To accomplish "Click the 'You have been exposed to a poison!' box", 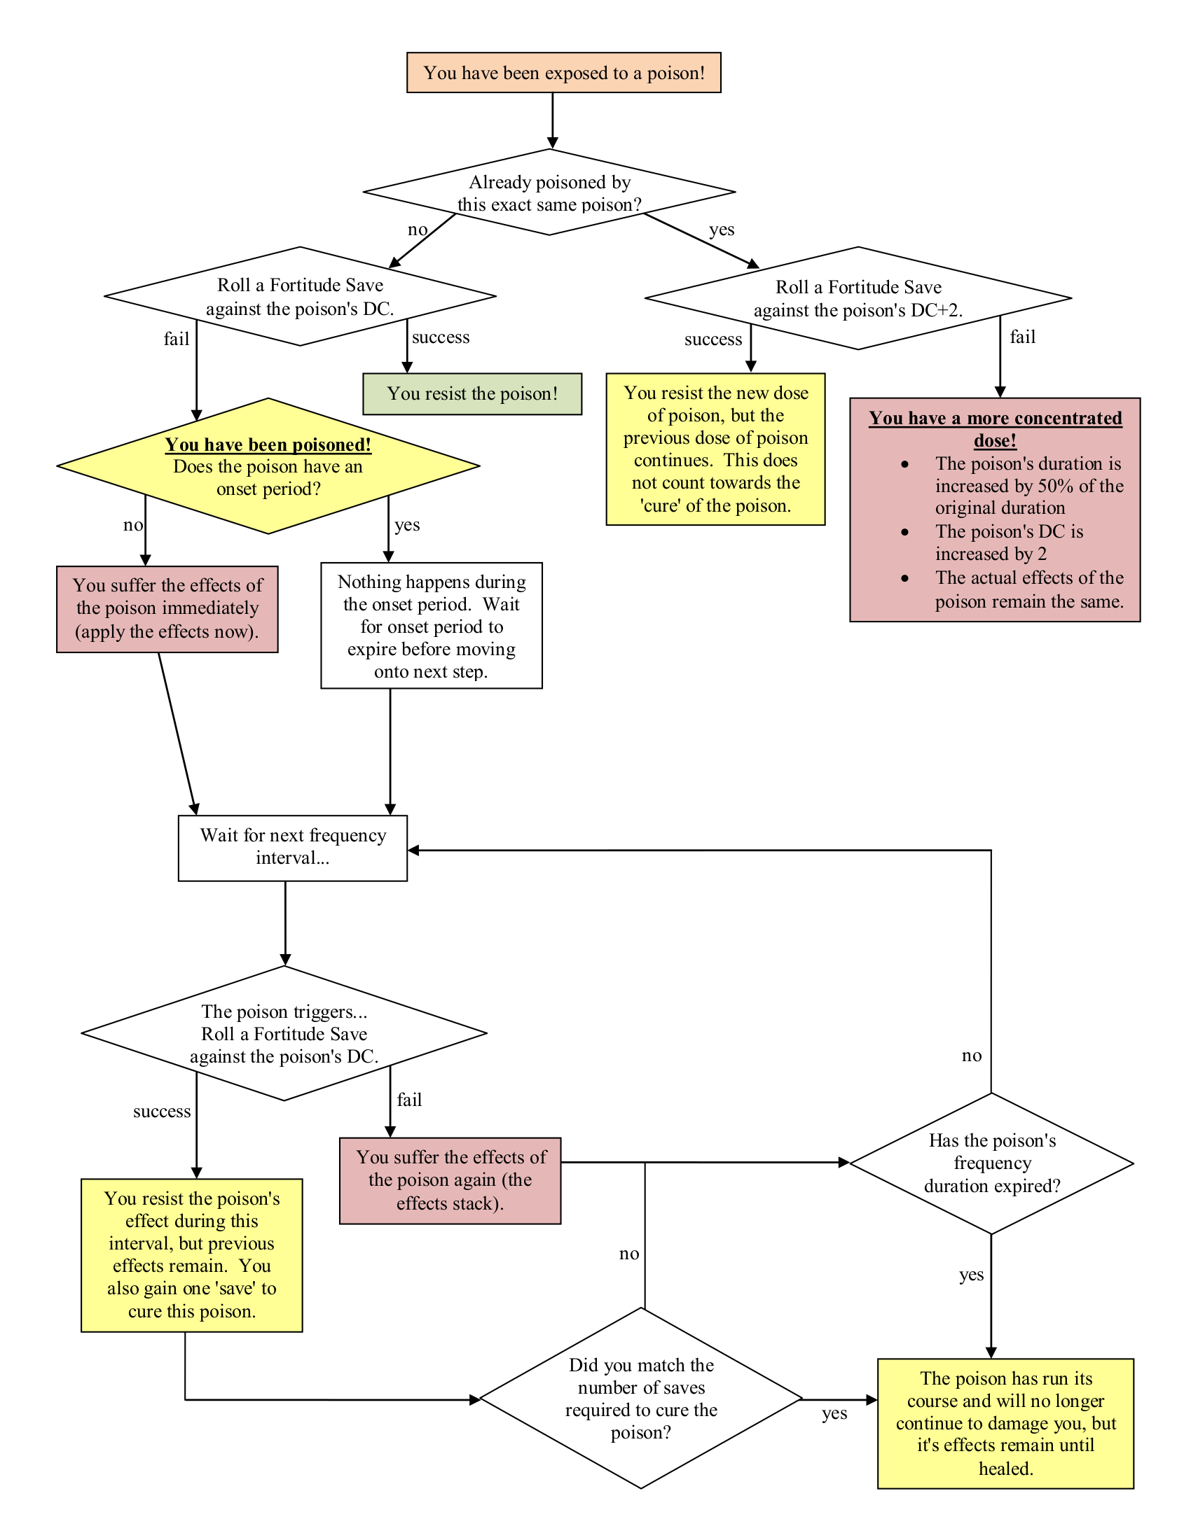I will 563,73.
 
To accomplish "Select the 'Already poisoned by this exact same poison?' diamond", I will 549,192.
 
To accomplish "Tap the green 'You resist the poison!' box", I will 472,393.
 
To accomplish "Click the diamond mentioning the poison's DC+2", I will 858,298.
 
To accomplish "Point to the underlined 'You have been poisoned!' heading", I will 268,444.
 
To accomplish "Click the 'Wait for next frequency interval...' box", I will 292,848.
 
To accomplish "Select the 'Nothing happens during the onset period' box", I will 431,625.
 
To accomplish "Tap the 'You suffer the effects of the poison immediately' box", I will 167,608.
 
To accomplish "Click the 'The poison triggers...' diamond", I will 284,1033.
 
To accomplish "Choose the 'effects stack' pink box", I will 450,1180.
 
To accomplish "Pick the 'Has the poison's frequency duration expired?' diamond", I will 991,1163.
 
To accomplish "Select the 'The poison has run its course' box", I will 1005,1423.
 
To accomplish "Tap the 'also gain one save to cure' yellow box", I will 191,1255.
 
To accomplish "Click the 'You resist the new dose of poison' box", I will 715,449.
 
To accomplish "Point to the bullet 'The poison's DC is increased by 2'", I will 1009,542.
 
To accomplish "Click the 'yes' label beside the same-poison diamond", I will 721,230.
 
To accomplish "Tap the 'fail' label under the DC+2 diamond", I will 1022,337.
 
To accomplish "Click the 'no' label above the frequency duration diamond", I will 971,1056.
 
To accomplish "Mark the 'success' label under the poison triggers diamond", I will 162,1112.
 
